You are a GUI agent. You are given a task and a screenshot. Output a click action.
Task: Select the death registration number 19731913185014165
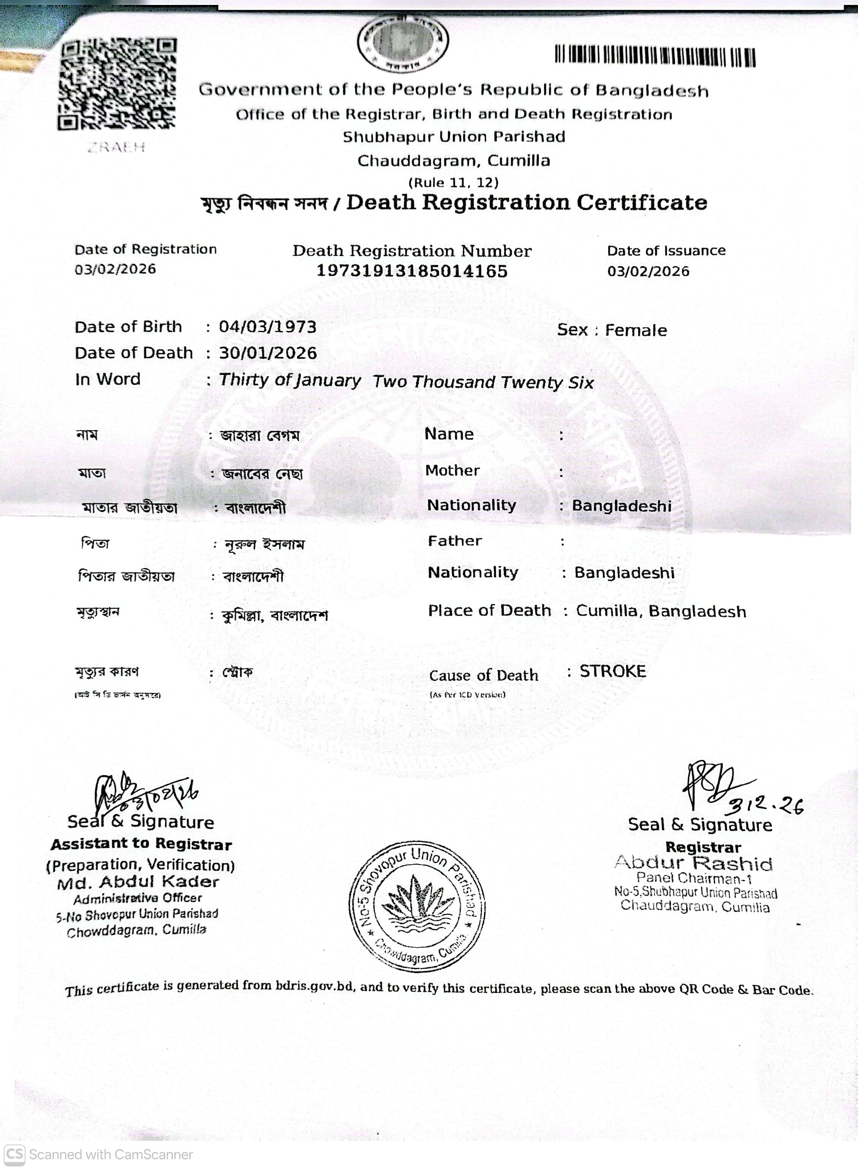tap(412, 271)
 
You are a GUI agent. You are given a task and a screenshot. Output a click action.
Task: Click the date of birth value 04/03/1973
tap(268, 327)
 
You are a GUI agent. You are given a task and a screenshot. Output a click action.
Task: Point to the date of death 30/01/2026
tap(268, 353)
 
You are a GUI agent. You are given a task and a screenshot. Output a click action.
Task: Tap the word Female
tap(636, 330)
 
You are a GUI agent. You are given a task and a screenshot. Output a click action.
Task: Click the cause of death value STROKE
tap(613, 671)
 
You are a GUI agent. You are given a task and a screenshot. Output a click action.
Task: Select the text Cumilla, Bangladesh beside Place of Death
tap(661, 611)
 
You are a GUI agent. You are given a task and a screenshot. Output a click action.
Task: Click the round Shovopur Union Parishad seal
tap(417, 906)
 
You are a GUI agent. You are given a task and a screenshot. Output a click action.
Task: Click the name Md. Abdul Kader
tap(138, 882)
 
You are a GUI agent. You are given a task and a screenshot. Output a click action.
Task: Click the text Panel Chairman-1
tap(694, 878)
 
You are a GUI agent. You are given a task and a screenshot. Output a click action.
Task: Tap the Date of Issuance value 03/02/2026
tap(648, 271)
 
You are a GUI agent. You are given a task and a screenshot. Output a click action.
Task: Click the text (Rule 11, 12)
tap(453, 183)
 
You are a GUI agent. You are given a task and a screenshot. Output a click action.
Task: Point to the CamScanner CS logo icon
tap(14, 1154)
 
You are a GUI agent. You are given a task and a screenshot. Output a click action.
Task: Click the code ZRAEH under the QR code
tap(116, 147)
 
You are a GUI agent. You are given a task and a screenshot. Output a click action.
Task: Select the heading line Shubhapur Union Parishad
tap(453, 137)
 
